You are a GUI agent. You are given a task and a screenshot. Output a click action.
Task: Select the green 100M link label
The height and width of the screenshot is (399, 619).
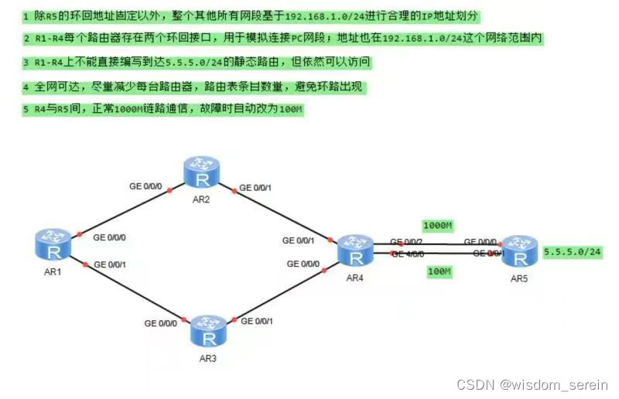point(439,272)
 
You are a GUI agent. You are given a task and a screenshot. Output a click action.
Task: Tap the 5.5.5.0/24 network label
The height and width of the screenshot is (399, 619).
point(573,252)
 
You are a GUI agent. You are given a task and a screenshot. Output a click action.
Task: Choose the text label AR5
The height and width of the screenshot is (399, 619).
point(520,278)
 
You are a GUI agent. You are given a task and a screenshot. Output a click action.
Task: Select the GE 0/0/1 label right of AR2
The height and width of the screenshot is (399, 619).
point(257,186)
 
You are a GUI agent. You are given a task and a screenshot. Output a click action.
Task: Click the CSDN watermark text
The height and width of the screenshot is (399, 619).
point(532,384)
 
